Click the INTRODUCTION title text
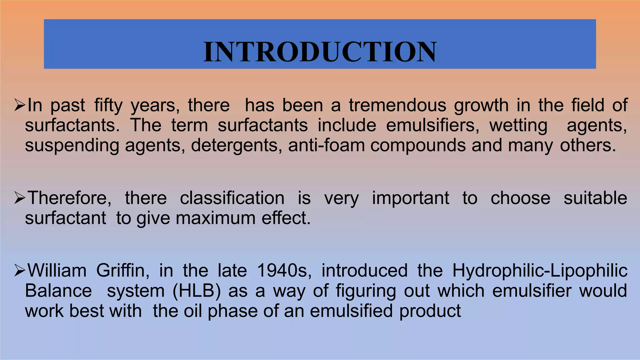tap(320, 52)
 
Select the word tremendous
tap(397, 105)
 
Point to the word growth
tap(481, 105)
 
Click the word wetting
tap(518, 126)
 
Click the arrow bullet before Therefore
tap(20, 198)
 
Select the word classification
tap(232, 198)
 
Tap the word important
tap(411, 198)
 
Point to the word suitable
tap(595, 198)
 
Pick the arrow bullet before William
tap(20, 271)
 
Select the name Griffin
tap(122, 271)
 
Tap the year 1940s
tap(284, 271)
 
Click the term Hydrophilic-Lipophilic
tap(540, 271)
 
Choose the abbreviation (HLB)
tap(197, 291)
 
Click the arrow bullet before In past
tap(20, 105)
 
